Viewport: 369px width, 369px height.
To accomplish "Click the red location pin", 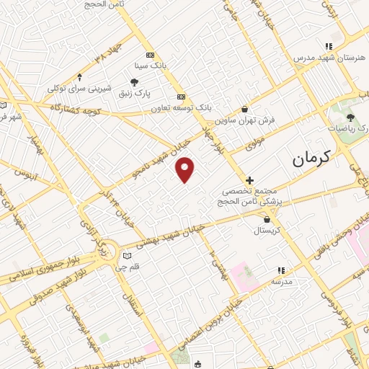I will (186, 169).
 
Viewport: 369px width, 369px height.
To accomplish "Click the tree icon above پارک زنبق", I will (135, 83).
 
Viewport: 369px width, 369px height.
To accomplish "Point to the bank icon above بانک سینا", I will (150, 55).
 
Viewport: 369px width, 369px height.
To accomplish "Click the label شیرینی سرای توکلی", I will (79, 88).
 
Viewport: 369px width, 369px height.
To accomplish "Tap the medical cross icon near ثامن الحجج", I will (249, 180).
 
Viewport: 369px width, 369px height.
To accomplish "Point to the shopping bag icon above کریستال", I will (268, 219).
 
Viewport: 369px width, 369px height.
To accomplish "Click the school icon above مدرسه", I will (280, 271).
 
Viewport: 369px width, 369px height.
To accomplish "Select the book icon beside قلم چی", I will (128, 255).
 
